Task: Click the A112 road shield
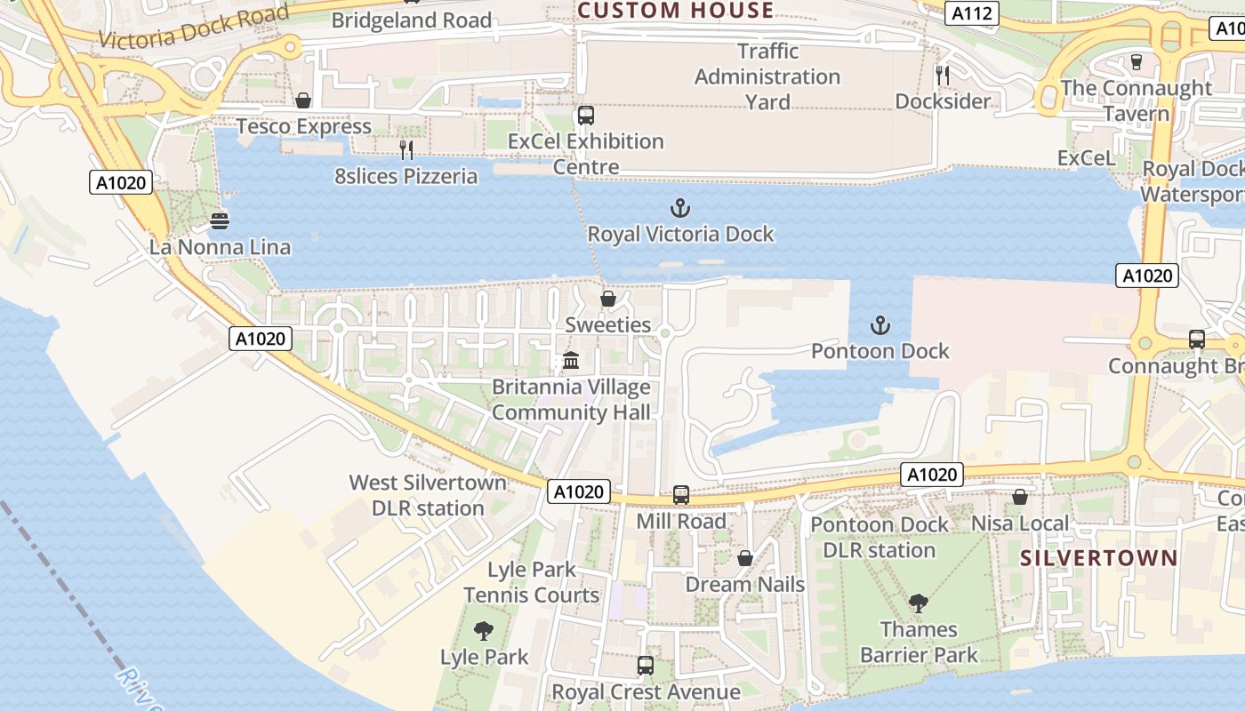[972, 13]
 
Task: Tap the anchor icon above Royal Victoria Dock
[680, 209]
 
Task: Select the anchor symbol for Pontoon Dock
[880, 325]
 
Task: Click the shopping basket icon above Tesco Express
[303, 100]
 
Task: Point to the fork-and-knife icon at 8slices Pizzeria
[406, 150]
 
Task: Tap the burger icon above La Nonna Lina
[220, 220]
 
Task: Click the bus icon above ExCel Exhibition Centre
[585, 116]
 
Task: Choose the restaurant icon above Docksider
[943, 76]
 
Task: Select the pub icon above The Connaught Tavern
[1136, 62]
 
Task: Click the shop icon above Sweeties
[608, 299]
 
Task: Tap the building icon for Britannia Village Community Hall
[571, 361]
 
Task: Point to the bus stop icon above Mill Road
[681, 495]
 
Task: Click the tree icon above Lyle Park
[484, 631]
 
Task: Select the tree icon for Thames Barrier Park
[918, 603]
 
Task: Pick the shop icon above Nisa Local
[1020, 497]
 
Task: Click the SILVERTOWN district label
[1098, 558]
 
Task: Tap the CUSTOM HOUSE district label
[676, 11]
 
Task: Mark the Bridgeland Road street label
[412, 20]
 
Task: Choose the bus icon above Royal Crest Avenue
[646, 665]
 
